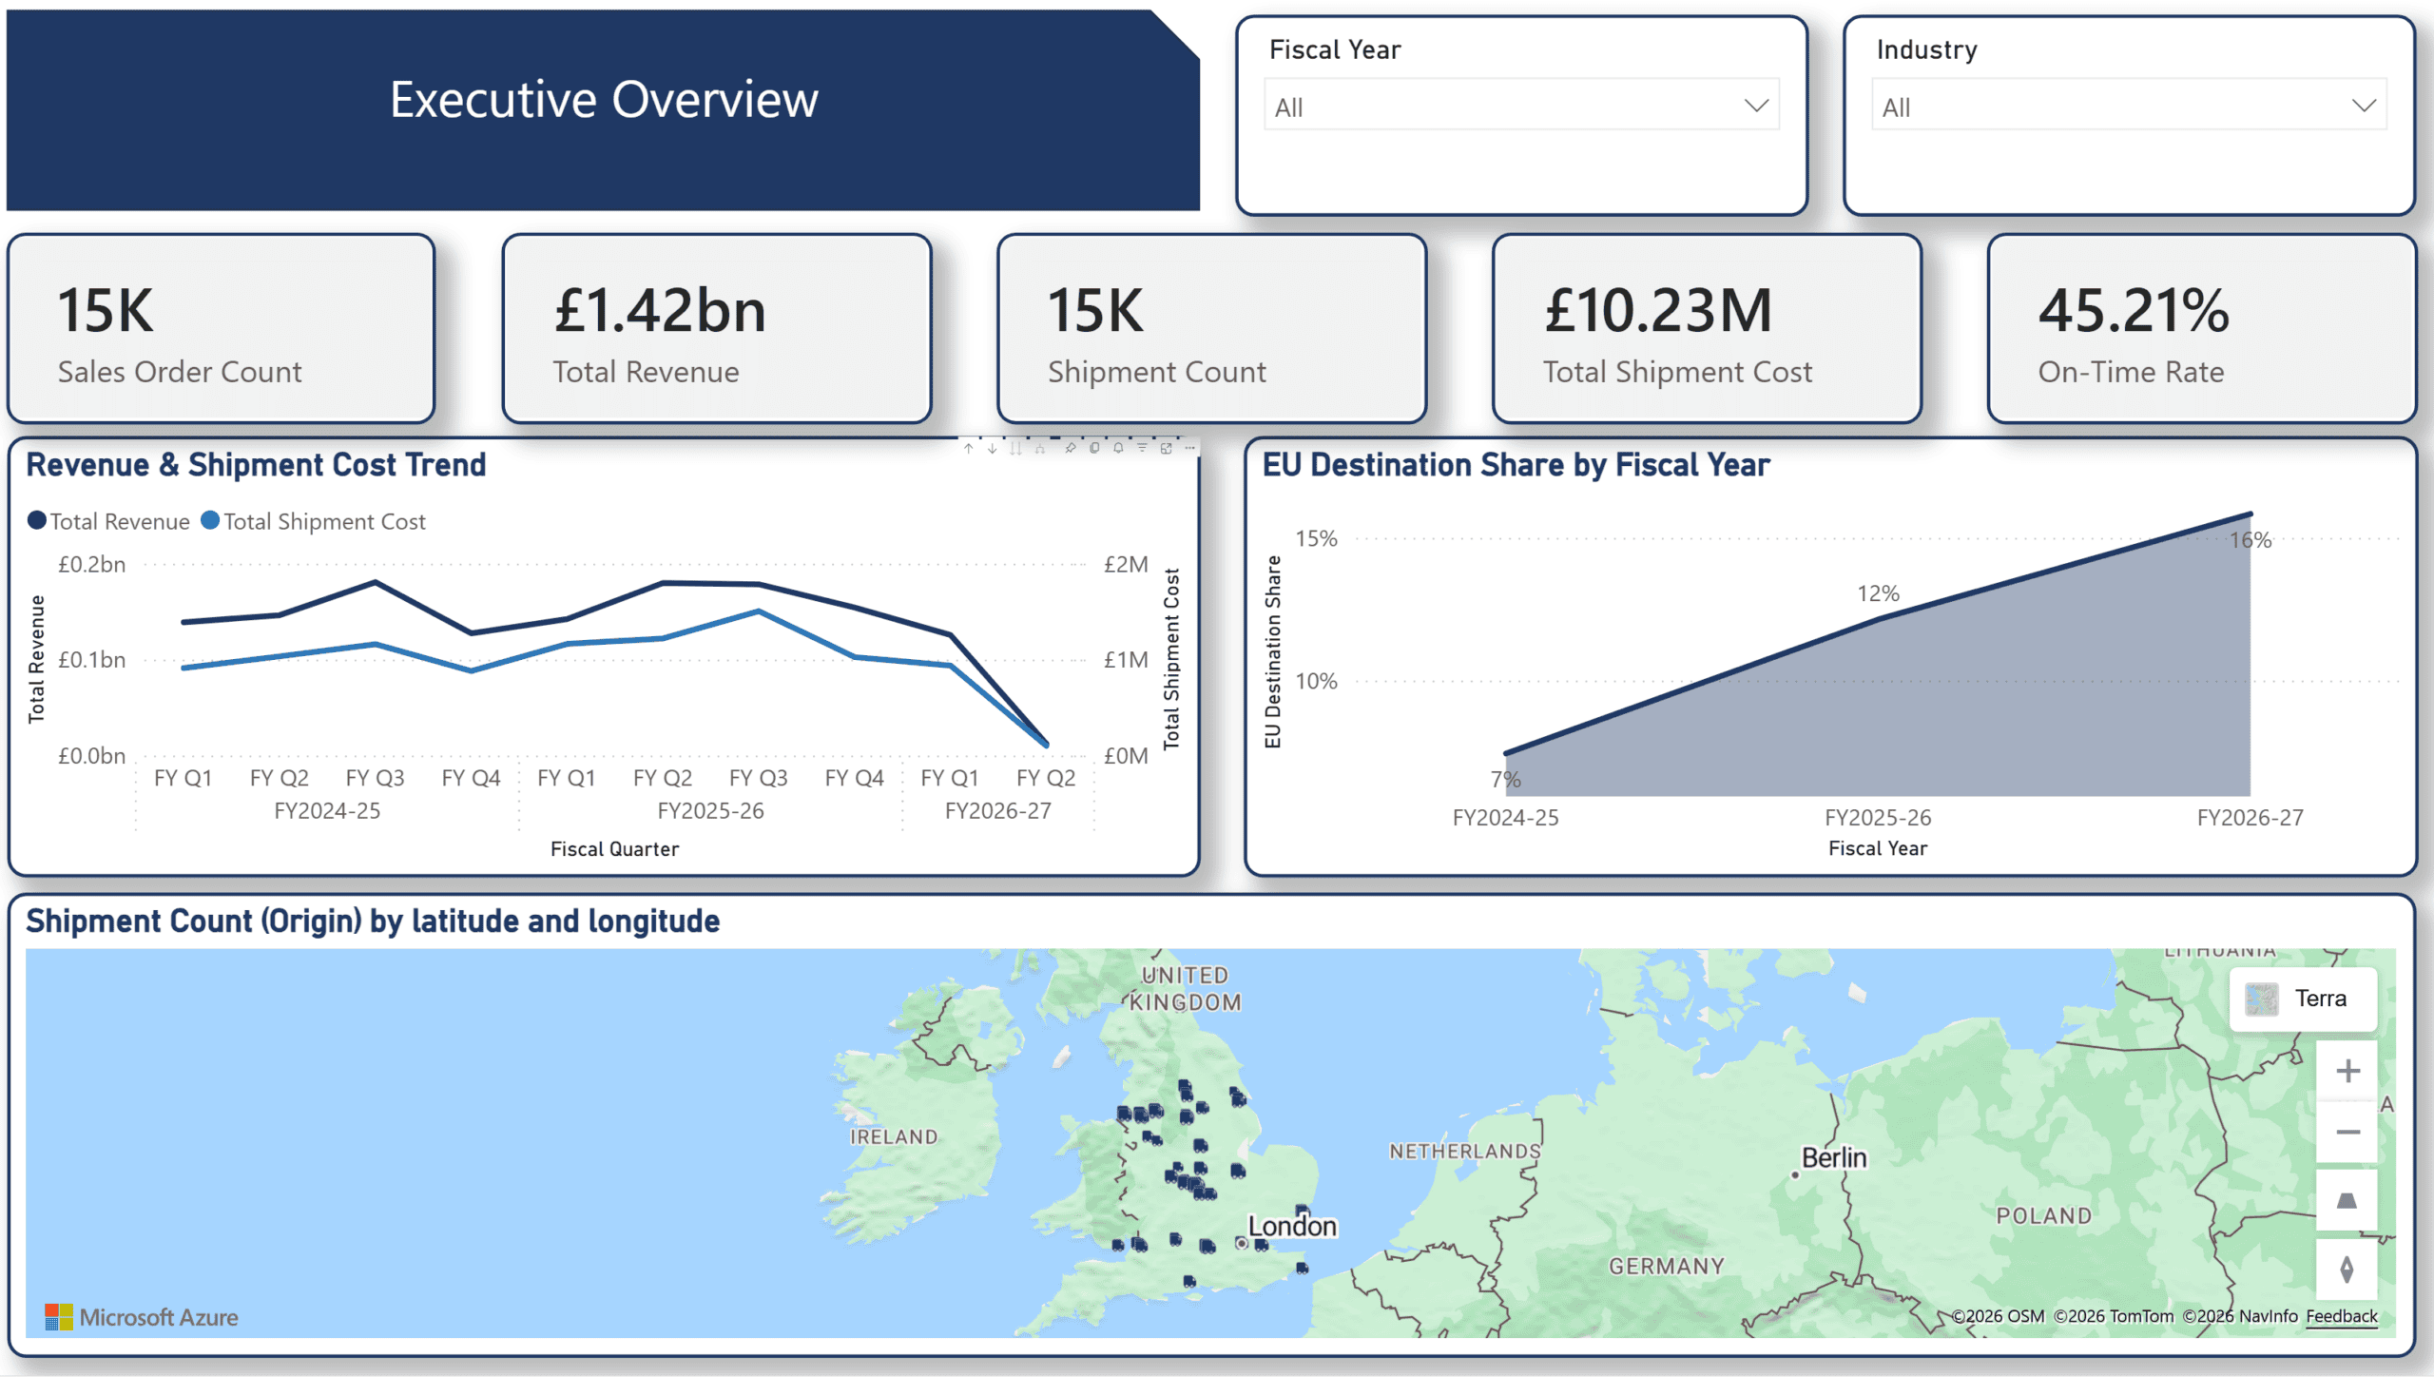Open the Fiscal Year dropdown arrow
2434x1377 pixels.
pyautogui.click(x=1756, y=106)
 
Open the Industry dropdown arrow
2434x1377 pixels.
pyautogui.click(x=2364, y=106)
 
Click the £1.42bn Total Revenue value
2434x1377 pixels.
pyautogui.click(x=660, y=310)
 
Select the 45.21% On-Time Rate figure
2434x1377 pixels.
pyautogui.click(x=2134, y=310)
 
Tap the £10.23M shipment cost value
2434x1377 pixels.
pyautogui.click(x=1658, y=310)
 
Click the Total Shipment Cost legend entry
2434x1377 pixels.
pyautogui.click(x=314, y=521)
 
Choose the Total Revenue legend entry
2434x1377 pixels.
pyautogui.click(x=109, y=521)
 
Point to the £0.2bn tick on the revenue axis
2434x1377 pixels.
pyautogui.click(x=92, y=565)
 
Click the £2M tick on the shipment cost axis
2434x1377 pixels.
pyautogui.click(x=1126, y=565)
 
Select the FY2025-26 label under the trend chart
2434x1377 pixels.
pyautogui.click(x=710, y=811)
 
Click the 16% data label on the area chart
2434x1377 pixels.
pyautogui.click(x=2250, y=540)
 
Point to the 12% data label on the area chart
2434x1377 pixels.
pyautogui.click(x=1879, y=593)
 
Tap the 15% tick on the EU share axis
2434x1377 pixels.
pyautogui.click(x=1317, y=538)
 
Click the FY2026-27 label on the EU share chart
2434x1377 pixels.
pyautogui.click(x=2250, y=818)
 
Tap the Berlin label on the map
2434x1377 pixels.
pyautogui.click(x=1835, y=1158)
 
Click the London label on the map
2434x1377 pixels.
pyautogui.click(x=1292, y=1227)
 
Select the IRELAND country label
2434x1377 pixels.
pyautogui.click(x=894, y=1137)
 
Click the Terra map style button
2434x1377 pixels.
pyautogui.click(x=2303, y=999)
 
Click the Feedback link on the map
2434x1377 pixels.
pyautogui.click(x=2341, y=1316)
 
